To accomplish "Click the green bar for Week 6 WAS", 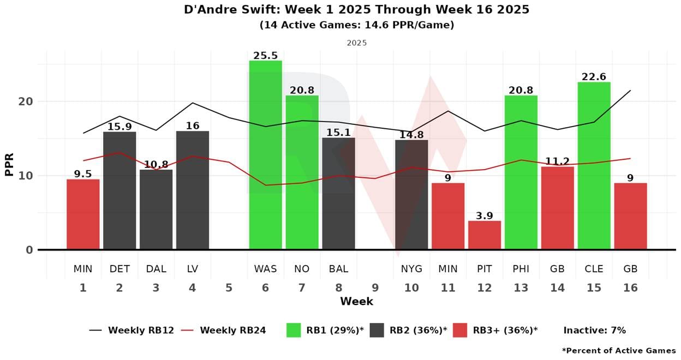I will pos(265,155).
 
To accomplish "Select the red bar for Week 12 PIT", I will pos(485,235).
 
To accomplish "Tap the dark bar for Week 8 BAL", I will pos(338,194).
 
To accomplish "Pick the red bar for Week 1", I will pos(83,214).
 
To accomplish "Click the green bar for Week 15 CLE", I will pos(594,166).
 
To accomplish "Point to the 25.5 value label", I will pos(265,56).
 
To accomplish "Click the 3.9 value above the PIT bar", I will pos(485,216).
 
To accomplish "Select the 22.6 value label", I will pos(594,77).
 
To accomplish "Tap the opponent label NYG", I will pos(411,269).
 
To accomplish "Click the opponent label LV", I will pos(192,269).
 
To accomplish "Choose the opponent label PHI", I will pos(521,269).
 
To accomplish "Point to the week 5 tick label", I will pos(229,288).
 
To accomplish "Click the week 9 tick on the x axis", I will pos(375,288).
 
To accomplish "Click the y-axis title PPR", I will pos(9,164).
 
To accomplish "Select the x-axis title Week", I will pos(356,301).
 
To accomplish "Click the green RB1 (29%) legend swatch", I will pos(294,330).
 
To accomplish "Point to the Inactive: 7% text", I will pos(594,330).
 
